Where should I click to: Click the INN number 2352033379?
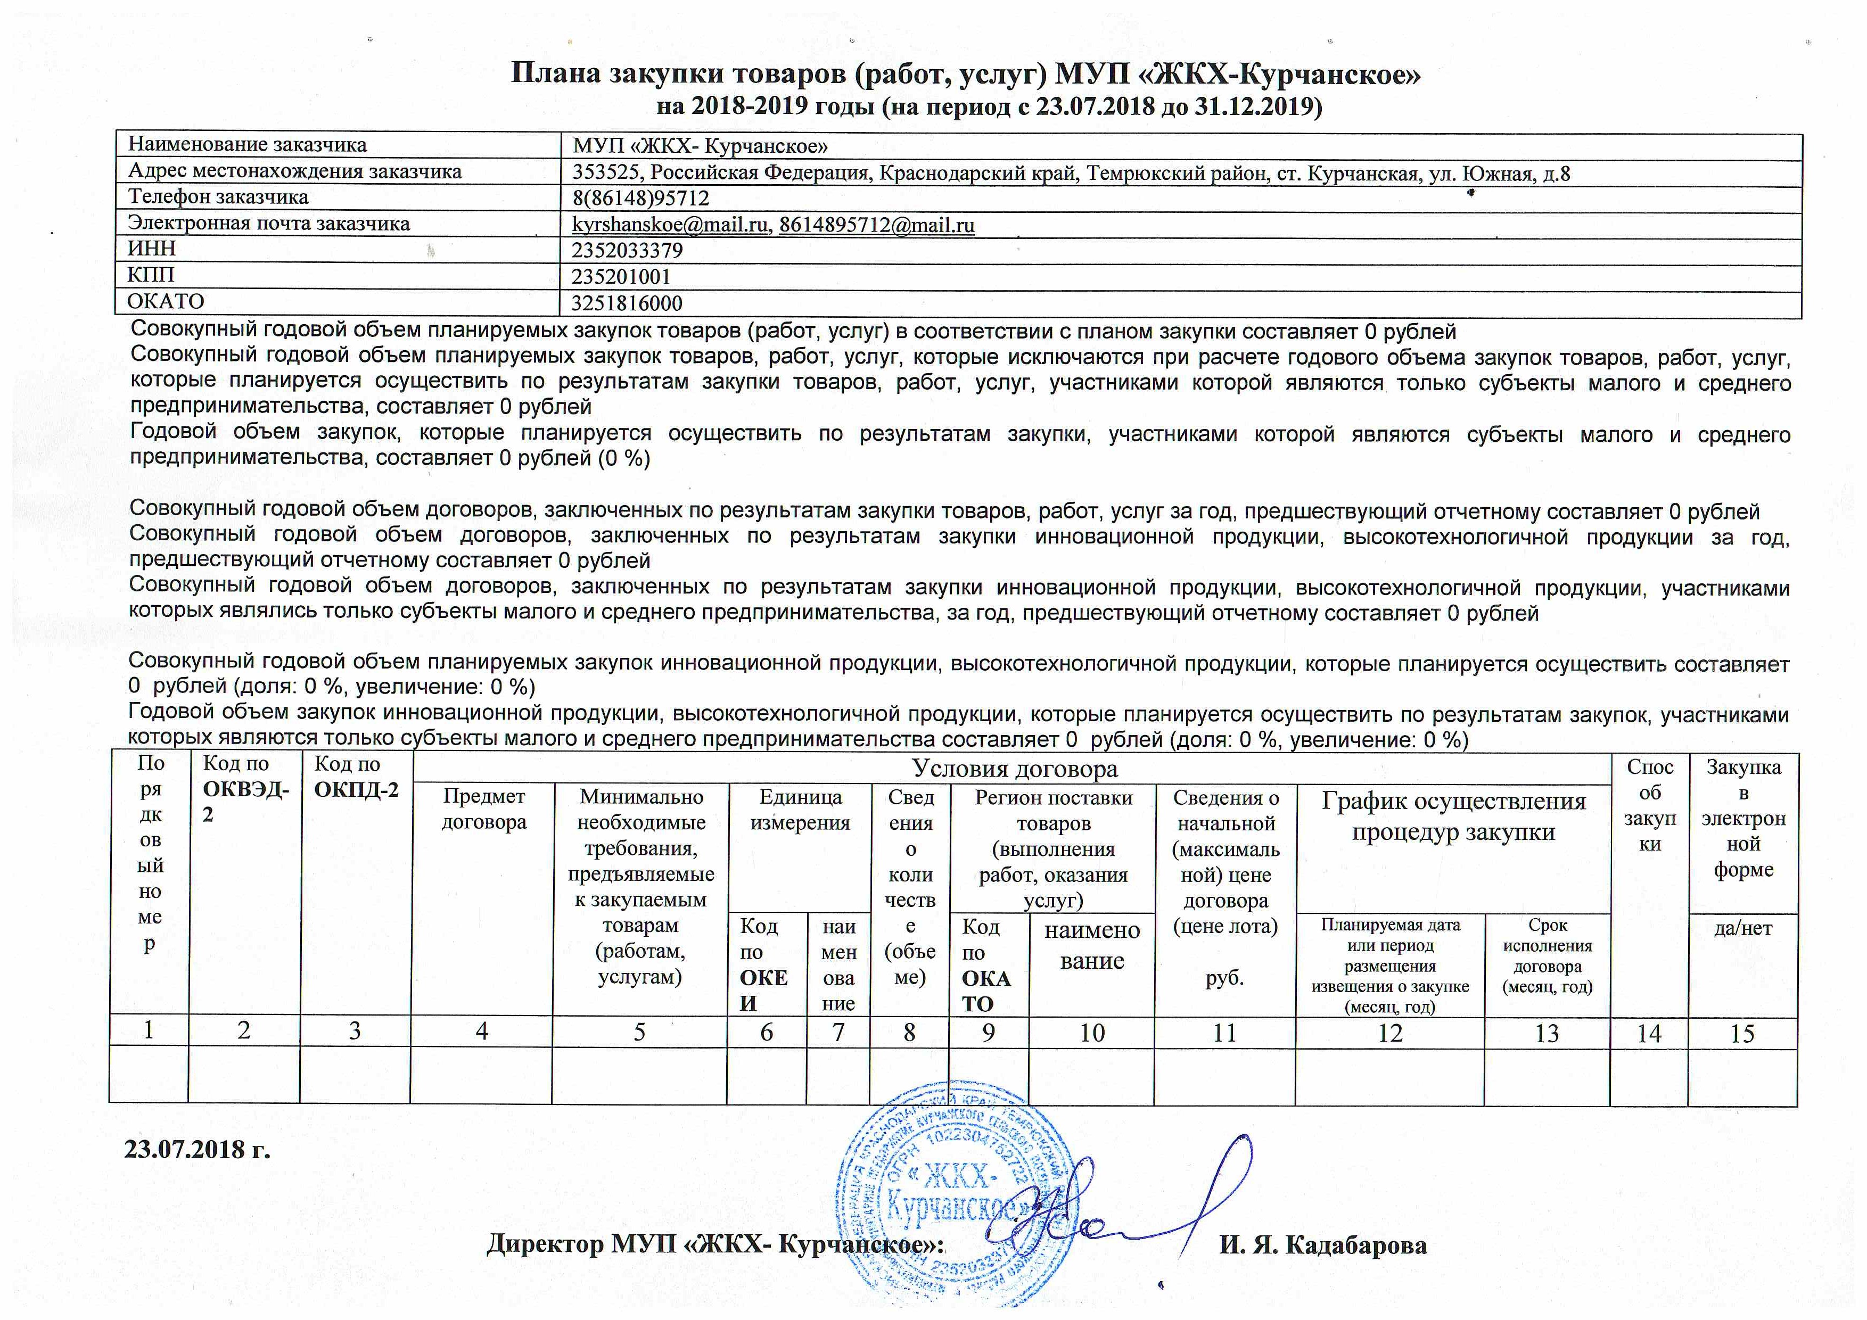tap(627, 250)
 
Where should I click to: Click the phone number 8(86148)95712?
tap(641, 199)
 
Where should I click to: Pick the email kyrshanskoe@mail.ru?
tap(671, 225)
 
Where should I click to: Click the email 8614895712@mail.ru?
tap(877, 225)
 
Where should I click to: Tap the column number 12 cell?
tap(1391, 1033)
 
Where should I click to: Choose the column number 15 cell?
tap(1742, 1034)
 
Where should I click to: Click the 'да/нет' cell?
tap(1742, 928)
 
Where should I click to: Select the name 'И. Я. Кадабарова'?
tap(1323, 1245)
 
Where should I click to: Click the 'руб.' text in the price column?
tap(1224, 978)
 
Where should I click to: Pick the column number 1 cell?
tap(149, 1030)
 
